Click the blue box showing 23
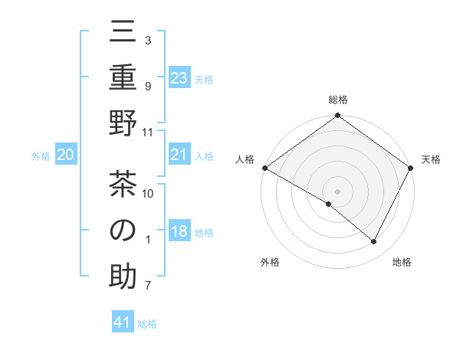[x=179, y=78]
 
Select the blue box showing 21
[x=179, y=155]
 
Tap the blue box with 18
[x=179, y=232]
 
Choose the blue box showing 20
[x=65, y=155]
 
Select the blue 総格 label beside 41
[x=147, y=324]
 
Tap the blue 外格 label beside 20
[x=41, y=156]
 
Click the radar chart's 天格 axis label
[x=432, y=159]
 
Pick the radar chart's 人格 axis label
[x=245, y=159]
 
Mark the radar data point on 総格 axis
[x=337, y=116]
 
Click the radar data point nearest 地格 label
[x=374, y=242]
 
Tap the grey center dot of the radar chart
[x=337, y=191]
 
